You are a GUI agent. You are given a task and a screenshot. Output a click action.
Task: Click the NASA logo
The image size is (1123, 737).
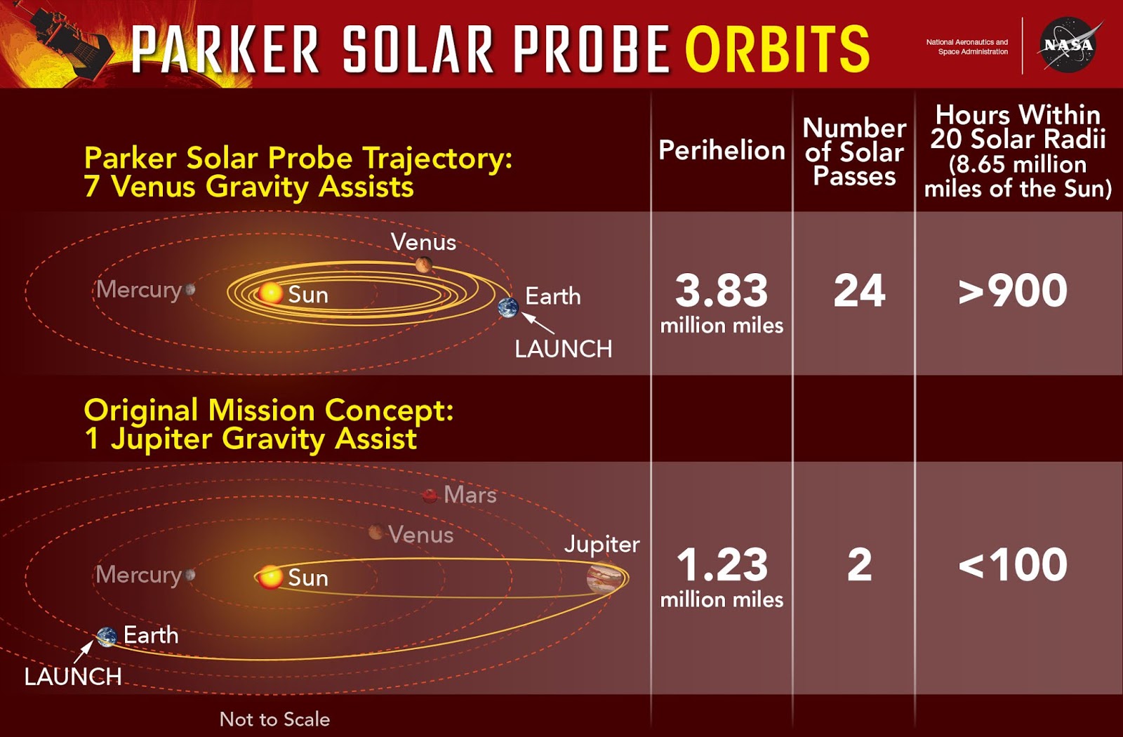point(1068,45)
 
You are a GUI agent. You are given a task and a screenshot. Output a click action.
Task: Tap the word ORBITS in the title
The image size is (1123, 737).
point(777,49)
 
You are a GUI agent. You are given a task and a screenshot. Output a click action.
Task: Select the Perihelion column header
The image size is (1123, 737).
point(722,150)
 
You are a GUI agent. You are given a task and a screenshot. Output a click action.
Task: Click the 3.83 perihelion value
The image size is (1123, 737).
point(722,291)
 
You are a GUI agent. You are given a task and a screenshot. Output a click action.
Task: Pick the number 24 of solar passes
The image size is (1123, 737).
point(859,291)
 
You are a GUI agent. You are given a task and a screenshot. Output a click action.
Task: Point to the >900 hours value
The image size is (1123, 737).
point(1013,291)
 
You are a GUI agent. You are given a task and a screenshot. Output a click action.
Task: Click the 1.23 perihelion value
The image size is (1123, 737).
point(722,564)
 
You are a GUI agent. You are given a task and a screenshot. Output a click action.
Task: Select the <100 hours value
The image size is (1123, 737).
point(1013,564)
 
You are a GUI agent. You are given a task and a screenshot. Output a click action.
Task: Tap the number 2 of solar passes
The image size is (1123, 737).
point(859,564)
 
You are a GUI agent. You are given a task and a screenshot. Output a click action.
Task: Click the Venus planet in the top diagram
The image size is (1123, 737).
point(423,265)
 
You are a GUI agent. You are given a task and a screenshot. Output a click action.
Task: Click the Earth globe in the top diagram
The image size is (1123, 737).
point(508,307)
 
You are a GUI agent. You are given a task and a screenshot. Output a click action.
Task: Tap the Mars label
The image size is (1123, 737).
point(470,495)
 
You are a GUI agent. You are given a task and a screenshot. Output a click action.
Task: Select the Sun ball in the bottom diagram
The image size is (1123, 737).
point(270,577)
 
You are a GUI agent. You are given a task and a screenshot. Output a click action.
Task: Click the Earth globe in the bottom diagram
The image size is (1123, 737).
point(107,637)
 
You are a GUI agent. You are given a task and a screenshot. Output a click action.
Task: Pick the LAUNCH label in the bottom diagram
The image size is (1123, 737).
point(73,677)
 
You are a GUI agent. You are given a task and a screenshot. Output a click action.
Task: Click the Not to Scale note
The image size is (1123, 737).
point(274,719)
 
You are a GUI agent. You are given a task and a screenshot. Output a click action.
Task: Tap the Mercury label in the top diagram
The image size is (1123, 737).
point(139,289)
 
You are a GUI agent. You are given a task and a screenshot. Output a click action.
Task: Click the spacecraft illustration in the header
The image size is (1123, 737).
point(67,39)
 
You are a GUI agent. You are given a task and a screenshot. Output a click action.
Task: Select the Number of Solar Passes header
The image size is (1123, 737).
point(854,152)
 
